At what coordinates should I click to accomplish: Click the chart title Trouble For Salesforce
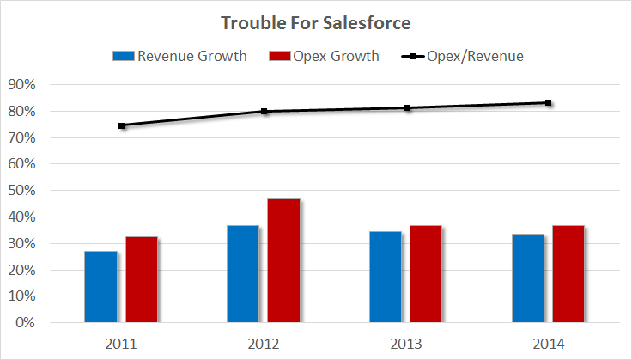coord(315,23)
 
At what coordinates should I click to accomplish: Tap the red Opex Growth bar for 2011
coord(142,280)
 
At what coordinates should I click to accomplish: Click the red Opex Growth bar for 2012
coord(284,261)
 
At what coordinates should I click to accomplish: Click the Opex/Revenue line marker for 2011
coord(122,125)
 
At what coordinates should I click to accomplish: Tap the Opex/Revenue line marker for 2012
coord(264,111)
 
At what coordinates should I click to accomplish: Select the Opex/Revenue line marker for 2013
coord(407,108)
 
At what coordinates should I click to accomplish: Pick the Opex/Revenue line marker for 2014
coord(549,103)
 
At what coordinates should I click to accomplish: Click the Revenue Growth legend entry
coord(180,57)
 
